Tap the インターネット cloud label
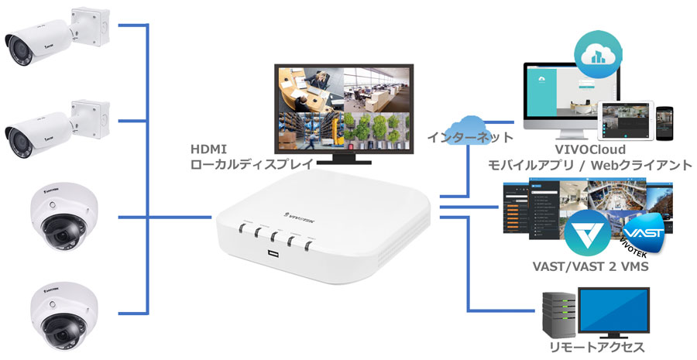(x=469, y=137)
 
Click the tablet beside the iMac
(x=625, y=119)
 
